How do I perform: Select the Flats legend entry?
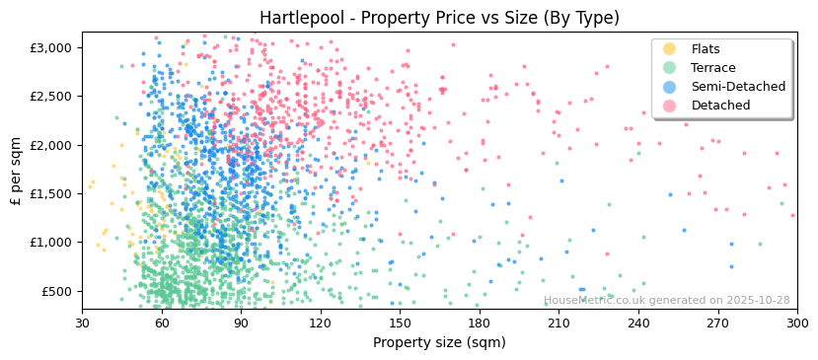[x=705, y=49]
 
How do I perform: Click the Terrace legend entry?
[x=712, y=68]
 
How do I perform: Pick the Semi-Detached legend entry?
[x=737, y=87]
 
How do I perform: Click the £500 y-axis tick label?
[x=57, y=291]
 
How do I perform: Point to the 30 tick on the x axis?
[x=82, y=323]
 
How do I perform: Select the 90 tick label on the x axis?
[x=241, y=323]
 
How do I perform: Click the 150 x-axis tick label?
[x=400, y=323]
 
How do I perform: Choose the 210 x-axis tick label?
[x=558, y=323]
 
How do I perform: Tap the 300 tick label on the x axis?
[x=796, y=323]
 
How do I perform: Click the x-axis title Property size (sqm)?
[x=439, y=342]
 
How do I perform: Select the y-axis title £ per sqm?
[x=17, y=170]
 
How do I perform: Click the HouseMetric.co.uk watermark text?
[x=666, y=301]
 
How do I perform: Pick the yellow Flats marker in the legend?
[x=670, y=49]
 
